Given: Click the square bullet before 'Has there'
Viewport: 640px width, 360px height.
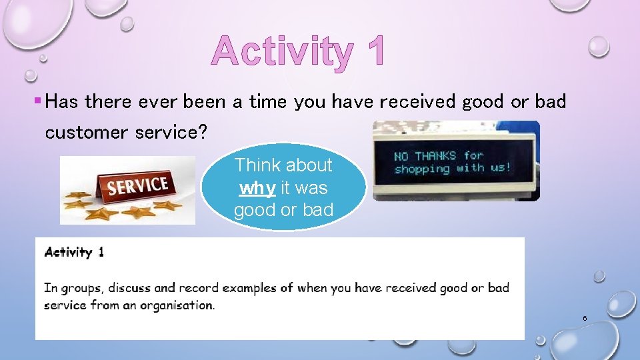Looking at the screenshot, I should pos(37,102).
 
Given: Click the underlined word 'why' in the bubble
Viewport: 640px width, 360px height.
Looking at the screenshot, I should pos(257,188).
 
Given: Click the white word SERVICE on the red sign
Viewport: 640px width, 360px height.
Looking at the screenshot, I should pos(138,185).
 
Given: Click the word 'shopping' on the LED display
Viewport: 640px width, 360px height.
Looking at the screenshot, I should pos(422,169).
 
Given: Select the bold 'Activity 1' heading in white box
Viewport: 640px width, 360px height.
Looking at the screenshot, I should pos(74,252).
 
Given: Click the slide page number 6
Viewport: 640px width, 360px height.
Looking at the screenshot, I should pos(585,319).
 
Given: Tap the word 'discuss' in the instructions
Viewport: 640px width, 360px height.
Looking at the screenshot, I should pos(129,288).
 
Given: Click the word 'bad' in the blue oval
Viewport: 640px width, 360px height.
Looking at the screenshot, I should pos(317,210).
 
